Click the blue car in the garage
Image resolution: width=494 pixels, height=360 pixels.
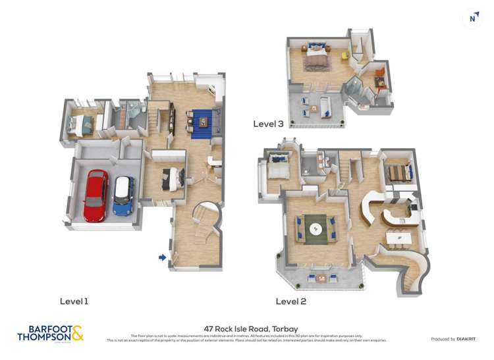tap(123, 195)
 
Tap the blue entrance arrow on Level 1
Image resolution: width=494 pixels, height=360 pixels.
tap(162, 257)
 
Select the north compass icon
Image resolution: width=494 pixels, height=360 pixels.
tap(472, 18)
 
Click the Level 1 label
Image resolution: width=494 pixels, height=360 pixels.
tap(74, 301)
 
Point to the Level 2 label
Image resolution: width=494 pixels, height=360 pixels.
tap(291, 301)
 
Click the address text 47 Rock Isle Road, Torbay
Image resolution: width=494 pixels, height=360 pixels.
tap(247, 327)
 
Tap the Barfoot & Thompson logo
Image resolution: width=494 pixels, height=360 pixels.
tap(50, 333)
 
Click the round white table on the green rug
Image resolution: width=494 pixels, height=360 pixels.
tap(317, 229)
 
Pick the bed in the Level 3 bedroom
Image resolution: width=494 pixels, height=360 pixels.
tap(315, 60)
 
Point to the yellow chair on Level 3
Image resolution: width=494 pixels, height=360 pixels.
tap(344, 55)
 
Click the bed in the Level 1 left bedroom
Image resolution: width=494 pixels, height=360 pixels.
tap(80, 124)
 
